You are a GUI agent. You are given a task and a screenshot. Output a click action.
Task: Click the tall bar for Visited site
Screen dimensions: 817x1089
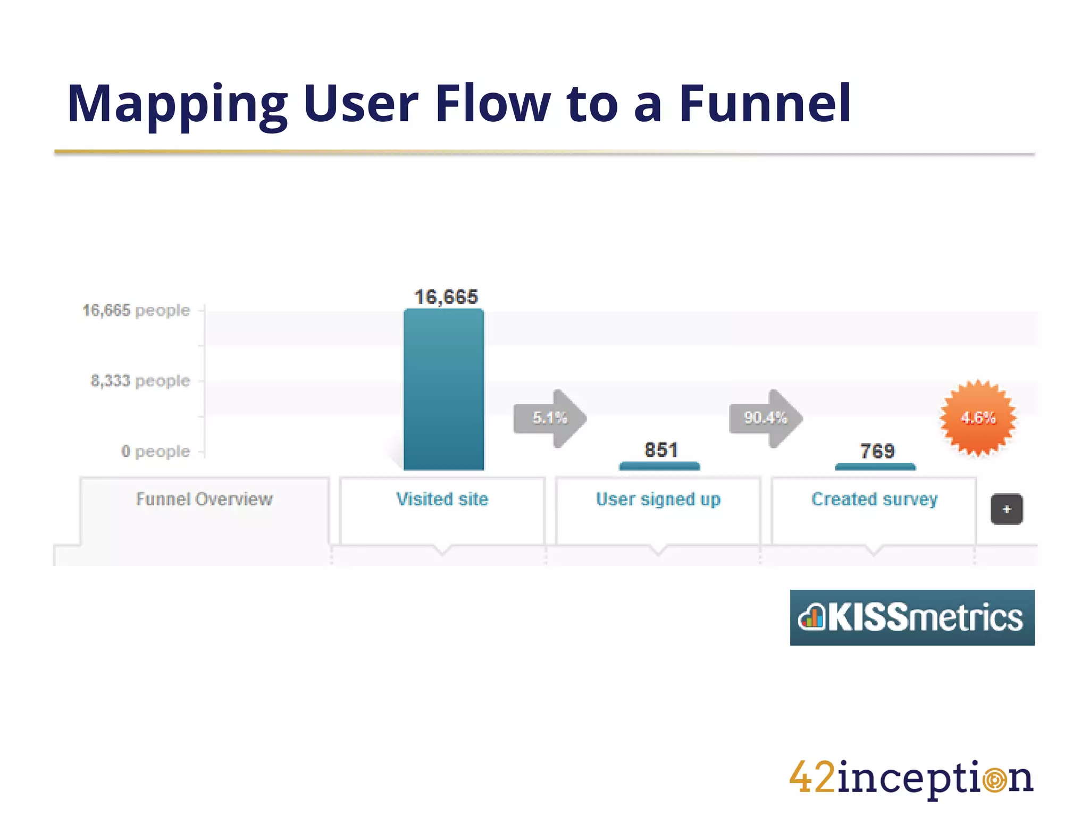coord(443,389)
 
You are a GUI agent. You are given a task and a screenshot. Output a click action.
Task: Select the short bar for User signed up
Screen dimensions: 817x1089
coord(659,466)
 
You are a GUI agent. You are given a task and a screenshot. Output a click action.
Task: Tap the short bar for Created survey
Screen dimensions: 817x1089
coord(875,467)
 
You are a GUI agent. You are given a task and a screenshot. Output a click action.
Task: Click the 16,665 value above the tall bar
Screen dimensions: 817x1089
coord(446,297)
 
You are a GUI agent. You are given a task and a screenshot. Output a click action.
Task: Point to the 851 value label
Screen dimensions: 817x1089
coord(661,450)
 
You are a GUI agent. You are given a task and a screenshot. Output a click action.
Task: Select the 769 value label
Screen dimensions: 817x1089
coord(877,452)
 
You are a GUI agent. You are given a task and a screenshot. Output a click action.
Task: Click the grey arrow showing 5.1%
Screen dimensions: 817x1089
coord(550,418)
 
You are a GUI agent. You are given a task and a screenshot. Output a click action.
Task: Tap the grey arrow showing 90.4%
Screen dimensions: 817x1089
coord(766,418)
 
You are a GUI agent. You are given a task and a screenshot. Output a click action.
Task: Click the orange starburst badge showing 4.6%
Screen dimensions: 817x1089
coord(978,418)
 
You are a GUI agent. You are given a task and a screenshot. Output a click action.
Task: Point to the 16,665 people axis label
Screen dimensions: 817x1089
coord(136,310)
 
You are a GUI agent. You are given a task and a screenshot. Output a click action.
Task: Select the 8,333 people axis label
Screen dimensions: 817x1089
coord(140,381)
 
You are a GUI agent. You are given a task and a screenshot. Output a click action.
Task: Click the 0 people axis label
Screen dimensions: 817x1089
coord(155,452)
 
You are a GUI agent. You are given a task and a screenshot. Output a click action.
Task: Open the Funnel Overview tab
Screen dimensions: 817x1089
coord(204,499)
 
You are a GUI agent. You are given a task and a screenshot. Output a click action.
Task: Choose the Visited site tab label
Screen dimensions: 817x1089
coord(442,499)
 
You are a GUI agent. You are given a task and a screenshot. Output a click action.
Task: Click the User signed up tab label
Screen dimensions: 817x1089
coord(658,499)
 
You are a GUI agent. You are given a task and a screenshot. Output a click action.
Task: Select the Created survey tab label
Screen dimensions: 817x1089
coord(874,499)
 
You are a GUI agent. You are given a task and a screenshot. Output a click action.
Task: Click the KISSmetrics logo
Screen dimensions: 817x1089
coord(912,618)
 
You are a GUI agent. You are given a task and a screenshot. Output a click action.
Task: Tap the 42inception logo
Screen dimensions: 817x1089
coord(911,778)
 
